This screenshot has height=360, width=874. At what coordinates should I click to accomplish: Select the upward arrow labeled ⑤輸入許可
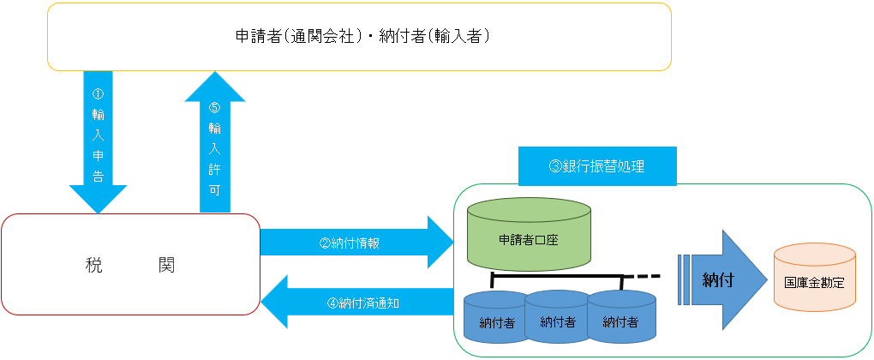214,142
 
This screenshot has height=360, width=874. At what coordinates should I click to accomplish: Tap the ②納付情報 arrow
356,243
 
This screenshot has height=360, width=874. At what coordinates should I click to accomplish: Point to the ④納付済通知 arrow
356,303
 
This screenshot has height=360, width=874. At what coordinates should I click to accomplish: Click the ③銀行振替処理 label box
597,166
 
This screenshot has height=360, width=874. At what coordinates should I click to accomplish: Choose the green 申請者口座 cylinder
529,235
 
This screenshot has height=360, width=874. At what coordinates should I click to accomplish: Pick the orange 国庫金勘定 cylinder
814,277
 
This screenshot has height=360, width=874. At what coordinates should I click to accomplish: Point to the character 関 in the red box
166,265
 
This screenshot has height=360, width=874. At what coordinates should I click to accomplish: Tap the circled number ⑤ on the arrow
214,107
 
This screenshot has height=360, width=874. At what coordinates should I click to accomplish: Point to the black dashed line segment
642,275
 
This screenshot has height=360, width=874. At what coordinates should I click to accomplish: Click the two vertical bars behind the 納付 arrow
684,279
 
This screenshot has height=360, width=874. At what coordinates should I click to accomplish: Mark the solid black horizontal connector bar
557,275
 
